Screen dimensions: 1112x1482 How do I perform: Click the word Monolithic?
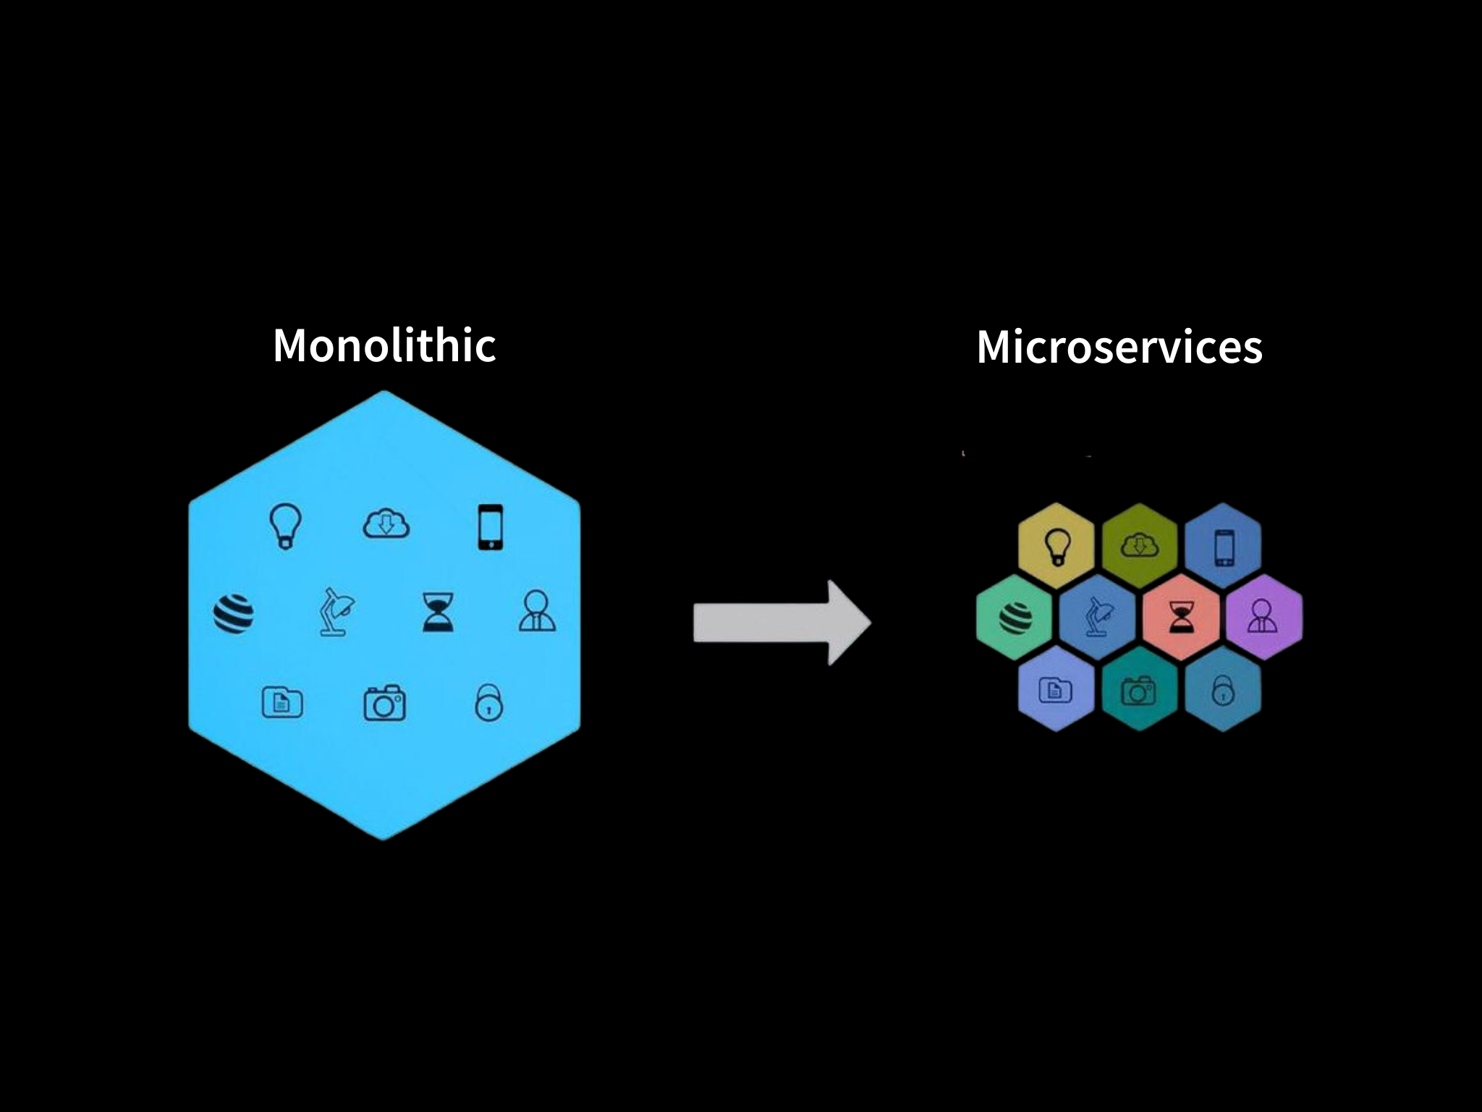pos(384,345)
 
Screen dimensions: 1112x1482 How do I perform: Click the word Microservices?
pos(1119,347)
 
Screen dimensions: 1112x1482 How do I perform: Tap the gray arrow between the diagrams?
pos(781,623)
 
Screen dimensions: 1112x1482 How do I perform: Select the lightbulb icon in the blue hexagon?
pos(285,526)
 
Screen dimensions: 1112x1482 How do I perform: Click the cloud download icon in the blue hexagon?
pos(386,524)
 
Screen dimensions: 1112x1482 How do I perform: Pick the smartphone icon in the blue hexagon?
pos(490,527)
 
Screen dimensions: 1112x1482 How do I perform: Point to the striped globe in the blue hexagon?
pos(234,614)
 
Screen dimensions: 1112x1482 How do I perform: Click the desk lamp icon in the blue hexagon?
pos(336,612)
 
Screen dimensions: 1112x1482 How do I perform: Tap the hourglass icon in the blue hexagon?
pos(439,612)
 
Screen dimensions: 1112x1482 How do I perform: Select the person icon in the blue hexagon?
pos(537,612)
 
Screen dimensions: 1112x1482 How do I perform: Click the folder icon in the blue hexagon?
pos(282,702)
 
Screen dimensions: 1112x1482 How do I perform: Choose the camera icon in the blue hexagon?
pos(384,702)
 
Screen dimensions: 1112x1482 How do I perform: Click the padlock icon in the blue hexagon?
pos(488,702)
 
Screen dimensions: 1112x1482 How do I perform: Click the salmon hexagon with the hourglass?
pos(1181,618)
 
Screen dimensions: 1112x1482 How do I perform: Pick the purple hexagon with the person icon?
pos(1263,618)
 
